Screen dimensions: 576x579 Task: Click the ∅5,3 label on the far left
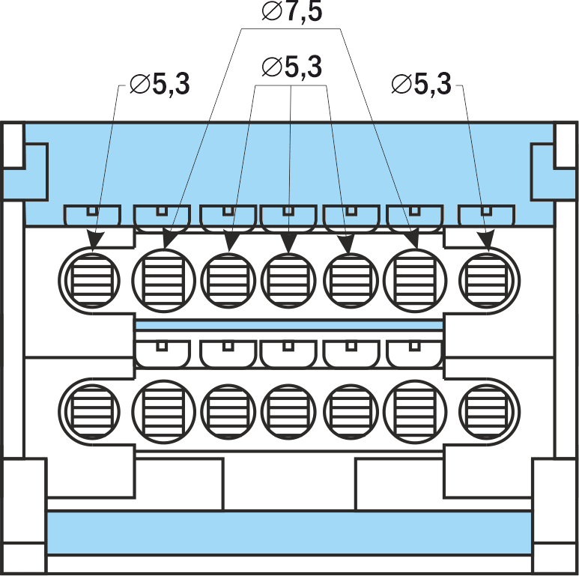click(x=160, y=85)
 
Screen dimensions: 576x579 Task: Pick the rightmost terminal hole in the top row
click(x=488, y=279)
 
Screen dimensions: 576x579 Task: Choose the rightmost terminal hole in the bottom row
click(x=488, y=409)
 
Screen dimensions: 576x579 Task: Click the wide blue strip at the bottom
click(x=289, y=533)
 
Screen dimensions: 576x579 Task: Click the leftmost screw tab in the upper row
click(x=92, y=215)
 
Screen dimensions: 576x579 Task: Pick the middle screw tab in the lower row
click(x=289, y=351)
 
